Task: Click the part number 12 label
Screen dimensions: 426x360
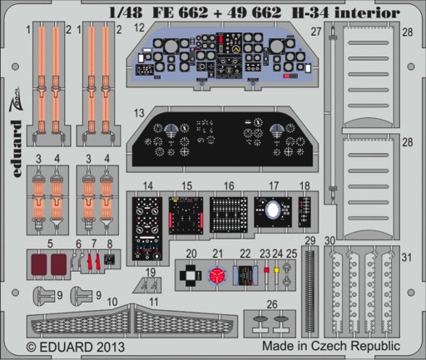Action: coord(139,27)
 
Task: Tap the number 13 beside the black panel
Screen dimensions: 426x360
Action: coord(139,113)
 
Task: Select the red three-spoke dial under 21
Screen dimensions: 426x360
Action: coord(217,275)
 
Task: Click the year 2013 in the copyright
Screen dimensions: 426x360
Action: coord(110,347)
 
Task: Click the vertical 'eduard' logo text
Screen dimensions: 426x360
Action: coord(17,148)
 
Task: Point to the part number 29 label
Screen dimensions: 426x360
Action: coord(310,240)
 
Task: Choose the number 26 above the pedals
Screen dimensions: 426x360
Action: coord(272,304)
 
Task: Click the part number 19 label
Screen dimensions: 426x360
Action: coord(151,272)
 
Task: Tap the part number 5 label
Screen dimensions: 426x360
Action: coord(50,244)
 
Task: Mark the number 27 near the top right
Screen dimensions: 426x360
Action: coord(316,32)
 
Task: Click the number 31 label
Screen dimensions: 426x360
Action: coord(406,257)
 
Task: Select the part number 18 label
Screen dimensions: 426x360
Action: coord(305,185)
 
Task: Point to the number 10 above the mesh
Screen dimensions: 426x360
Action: coord(112,302)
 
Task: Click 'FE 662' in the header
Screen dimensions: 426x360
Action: coord(180,12)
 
